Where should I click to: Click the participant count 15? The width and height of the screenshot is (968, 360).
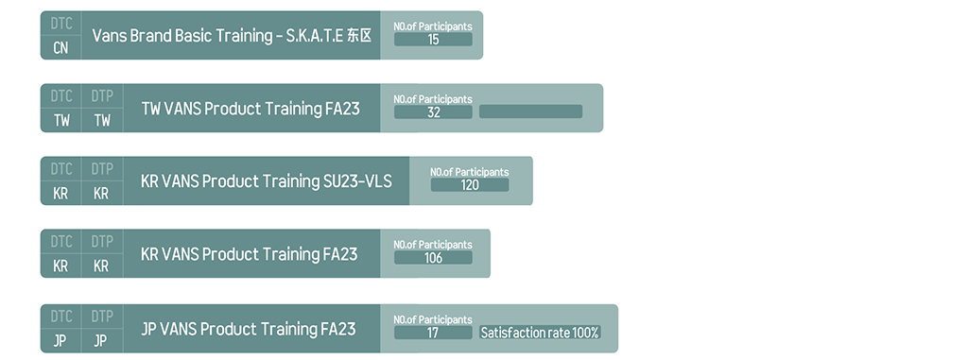pyautogui.click(x=433, y=40)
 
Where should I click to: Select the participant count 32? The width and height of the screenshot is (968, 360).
pyautogui.click(x=433, y=112)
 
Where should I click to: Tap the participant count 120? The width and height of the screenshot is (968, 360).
pyautogui.click(x=470, y=185)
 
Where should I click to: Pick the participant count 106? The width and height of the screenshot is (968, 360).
pyautogui.click(x=433, y=258)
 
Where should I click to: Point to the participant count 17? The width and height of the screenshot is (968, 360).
pyautogui.click(x=433, y=333)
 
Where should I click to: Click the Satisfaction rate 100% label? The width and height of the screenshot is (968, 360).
pyautogui.click(x=540, y=333)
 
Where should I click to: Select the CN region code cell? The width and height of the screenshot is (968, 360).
pyautogui.click(x=61, y=47)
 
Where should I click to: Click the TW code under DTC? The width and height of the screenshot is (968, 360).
pyautogui.click(x=61, y=120)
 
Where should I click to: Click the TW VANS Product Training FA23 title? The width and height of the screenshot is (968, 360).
pyautogui.click(x=251, y=109)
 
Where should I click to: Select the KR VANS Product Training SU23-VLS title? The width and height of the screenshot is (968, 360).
pyautogui.click(x=266, y=181)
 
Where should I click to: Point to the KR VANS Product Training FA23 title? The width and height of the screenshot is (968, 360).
pyautogui.click(x=249, y=254)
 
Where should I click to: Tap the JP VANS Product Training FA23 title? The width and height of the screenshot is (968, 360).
pyautogui.click(x=249, y=329)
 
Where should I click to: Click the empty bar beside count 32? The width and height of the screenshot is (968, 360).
pyautogui.click(x=530, y=111)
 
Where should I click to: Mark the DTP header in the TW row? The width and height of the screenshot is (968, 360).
pyautogui.click(x=102, y=96)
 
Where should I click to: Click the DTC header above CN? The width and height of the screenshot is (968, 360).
pyautogui.click(x=61, y=24)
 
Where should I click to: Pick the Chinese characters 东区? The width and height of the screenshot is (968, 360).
pyautogui.click(x=359, y=36)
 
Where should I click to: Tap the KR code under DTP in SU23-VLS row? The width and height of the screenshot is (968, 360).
pyautogui.click(x=101, y=194)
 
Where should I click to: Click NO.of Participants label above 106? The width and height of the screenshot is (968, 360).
pyautogui.click(x=433, y=245)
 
